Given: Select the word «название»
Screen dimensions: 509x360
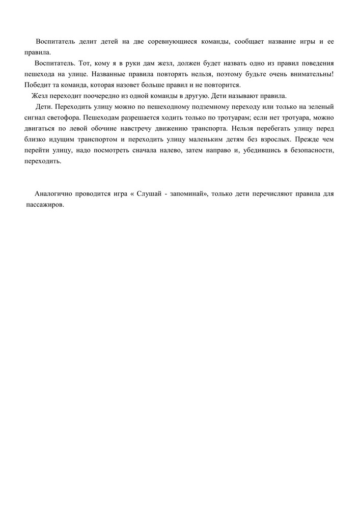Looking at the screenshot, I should (x=269, y=41).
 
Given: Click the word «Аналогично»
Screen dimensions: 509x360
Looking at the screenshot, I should (x=53, y=194).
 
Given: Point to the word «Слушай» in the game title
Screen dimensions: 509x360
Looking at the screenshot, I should (x=149, y=194).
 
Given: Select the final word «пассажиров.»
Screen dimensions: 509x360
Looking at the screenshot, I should (x=45, y=205).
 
